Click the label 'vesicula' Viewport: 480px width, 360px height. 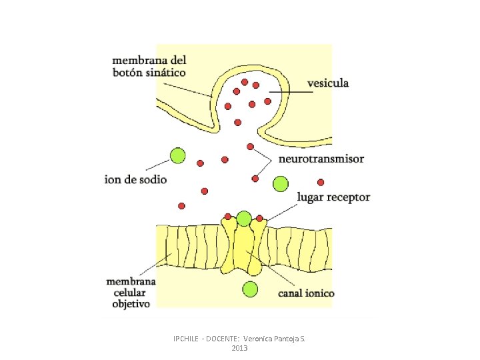327,83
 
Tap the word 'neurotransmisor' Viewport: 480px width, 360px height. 321,159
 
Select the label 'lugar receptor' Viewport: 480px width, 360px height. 333,197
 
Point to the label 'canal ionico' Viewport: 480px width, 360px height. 306,293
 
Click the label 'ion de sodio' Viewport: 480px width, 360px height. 135,179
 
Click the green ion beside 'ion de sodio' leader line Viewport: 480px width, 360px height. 177,156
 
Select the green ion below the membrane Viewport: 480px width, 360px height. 249,289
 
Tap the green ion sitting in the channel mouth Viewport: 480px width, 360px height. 244,218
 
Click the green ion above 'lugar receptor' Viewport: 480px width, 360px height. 281,183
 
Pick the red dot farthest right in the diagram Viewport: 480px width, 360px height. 321,181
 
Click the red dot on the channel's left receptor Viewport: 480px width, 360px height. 228,216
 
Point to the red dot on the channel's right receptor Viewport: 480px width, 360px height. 259,218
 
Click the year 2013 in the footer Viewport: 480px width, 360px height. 239,349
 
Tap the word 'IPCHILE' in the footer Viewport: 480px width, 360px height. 186,339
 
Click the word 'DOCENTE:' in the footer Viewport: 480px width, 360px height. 225,339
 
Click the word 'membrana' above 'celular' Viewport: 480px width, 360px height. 131,281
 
